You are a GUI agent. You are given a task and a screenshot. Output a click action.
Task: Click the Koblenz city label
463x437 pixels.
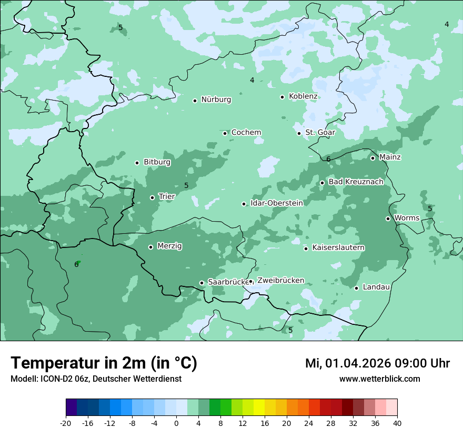coord(303,96)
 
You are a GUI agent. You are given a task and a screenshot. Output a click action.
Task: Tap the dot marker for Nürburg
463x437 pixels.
coord(195,101)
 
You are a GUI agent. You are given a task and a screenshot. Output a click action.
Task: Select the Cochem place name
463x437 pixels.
coord(246,133)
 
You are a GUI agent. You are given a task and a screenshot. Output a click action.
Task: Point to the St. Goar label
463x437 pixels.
coord(320,133)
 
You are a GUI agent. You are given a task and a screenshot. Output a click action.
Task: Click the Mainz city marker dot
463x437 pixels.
coord(373,158)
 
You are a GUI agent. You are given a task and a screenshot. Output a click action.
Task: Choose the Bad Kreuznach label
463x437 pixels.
coord(356,182)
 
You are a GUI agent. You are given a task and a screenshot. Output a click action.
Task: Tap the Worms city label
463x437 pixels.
coord(407,218)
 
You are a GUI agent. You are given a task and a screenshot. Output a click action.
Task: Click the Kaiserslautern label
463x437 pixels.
coord(338,248)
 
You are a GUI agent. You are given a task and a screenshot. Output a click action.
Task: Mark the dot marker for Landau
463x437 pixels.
coord(356,288)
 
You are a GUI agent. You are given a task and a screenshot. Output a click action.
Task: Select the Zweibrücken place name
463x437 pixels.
coord(280,281)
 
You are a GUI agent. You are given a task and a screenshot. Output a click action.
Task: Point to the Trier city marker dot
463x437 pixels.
coord(152,198)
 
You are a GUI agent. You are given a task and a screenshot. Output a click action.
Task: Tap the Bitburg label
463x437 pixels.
coord(157,162)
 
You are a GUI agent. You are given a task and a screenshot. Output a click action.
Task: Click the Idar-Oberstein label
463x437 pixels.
coord(277,203)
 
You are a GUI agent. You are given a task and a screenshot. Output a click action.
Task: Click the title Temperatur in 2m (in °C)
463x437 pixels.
coord(104,363)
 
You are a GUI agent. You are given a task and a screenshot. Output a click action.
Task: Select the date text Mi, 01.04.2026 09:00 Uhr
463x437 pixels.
coord(377,364)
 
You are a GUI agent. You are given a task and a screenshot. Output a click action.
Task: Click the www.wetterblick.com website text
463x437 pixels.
coord(379,379)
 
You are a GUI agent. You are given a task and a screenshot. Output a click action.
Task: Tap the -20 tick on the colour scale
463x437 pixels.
coord(66,423)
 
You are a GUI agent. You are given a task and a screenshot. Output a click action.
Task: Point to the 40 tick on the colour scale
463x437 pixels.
coord(397,423)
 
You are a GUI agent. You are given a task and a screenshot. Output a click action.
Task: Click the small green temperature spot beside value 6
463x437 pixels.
coord(78,262)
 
